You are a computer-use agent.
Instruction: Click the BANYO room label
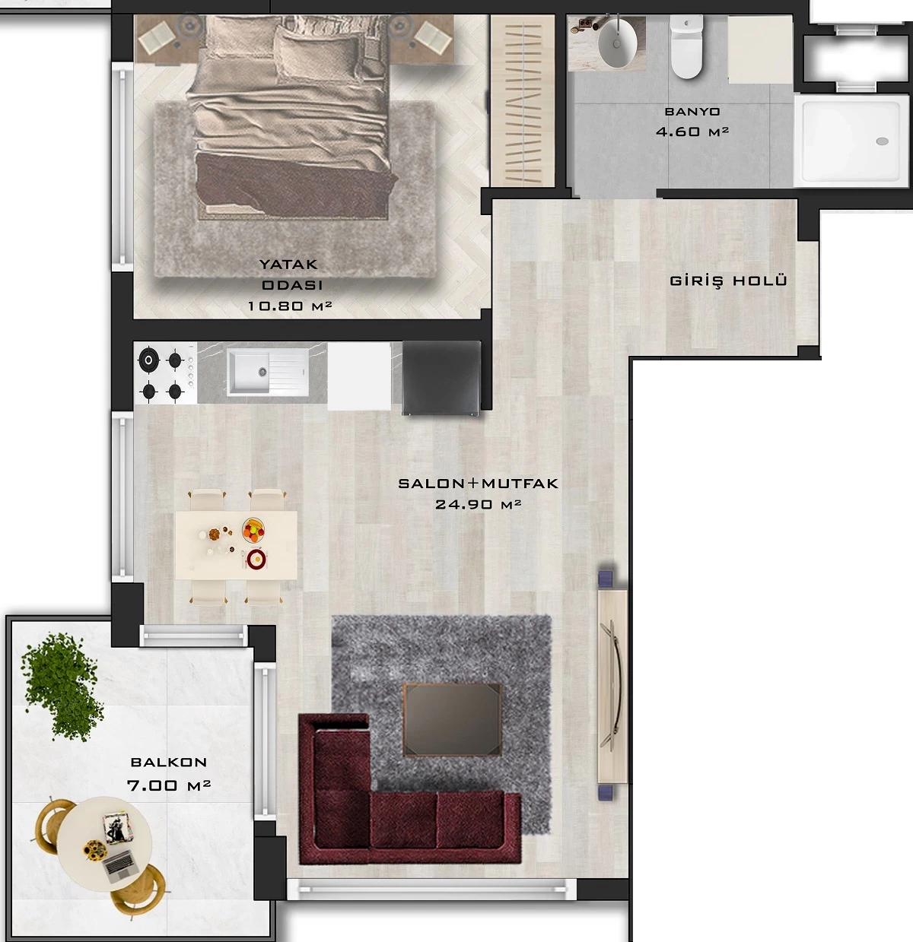point(692,112)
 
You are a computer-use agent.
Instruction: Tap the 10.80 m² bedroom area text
point(290,306)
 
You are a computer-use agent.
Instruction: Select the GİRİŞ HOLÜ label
point(728,281)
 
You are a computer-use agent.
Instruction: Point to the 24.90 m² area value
point(478,504)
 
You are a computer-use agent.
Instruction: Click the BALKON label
point(169,763)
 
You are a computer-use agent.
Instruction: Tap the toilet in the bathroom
point(687,47)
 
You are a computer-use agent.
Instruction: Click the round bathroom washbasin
point(617,43)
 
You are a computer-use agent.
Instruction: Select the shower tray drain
point(883,141)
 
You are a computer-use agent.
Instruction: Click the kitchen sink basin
point(250,372)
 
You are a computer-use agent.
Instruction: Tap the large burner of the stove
point(148,360)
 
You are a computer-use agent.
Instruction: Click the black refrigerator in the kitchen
point(441,378)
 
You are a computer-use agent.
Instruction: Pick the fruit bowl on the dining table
point(253,530)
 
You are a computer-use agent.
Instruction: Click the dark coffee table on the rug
point(453,719)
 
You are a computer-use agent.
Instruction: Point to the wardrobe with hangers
point(523,100)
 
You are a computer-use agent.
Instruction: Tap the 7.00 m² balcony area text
point(169,785)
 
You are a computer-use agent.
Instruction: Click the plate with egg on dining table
point(256,560)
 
